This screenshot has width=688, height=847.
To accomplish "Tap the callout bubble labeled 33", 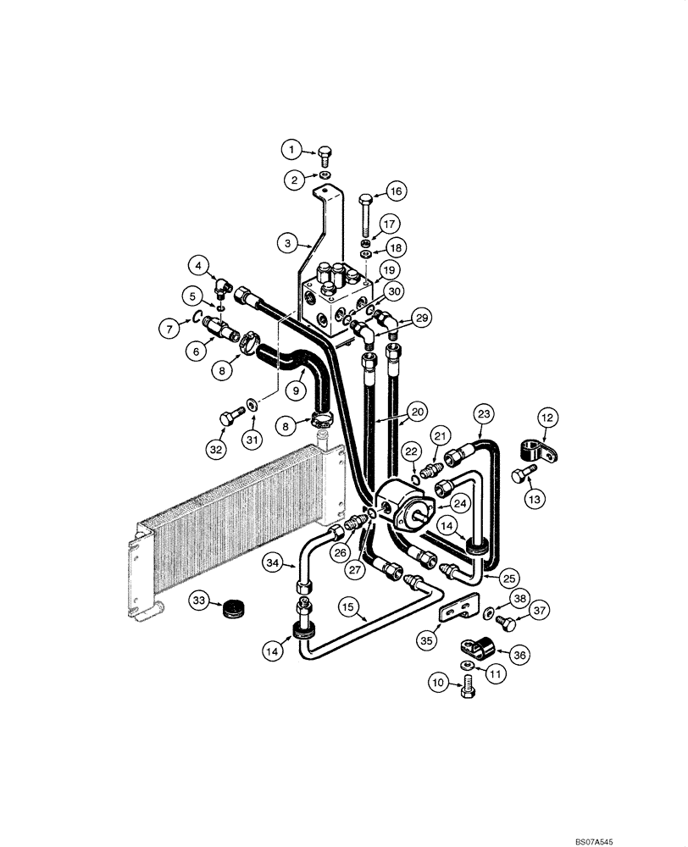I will pos(199,601).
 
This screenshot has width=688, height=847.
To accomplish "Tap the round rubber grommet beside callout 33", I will pos(233,607).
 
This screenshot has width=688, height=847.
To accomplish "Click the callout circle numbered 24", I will pos(460,502).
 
